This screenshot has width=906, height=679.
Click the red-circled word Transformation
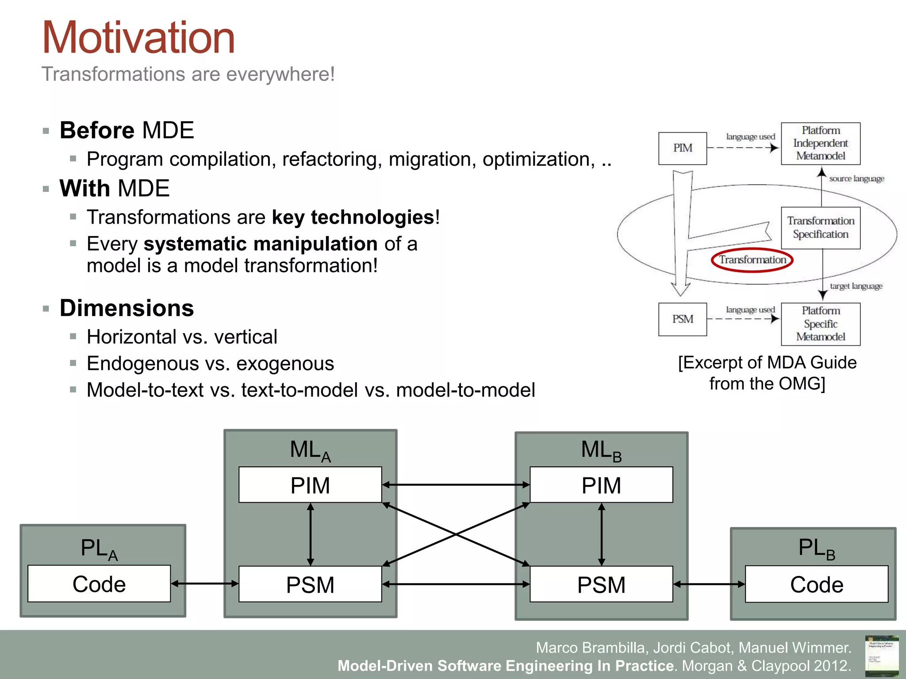[x=752, y=260]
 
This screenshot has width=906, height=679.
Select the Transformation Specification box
[x=821, y=228]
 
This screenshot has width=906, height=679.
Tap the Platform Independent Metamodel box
[x=821, y=143]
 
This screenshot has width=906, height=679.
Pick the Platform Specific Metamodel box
[x=821, y=324]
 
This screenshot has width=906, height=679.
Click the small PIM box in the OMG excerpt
[x=682, y=148]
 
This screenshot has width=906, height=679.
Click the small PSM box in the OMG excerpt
[x=682, y=319]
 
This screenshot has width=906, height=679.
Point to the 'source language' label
[x=856, y=179]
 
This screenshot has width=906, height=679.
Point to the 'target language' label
[x=856, y=286]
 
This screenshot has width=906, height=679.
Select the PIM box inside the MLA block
[x=310, y=485]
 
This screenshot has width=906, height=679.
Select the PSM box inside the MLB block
[x=601, y=584]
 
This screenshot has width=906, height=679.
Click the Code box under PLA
[x=99, y=584]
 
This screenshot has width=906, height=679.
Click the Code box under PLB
[x=817, y=584]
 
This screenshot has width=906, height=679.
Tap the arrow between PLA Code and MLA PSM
[x=204, y=584]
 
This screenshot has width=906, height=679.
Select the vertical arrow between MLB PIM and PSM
[x=601, y=534]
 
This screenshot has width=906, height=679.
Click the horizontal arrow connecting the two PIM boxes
[x=456, y=485]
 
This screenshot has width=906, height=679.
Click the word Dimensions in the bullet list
[x=127, y=308]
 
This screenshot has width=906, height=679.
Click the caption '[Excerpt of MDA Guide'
[x=767, y=362]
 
